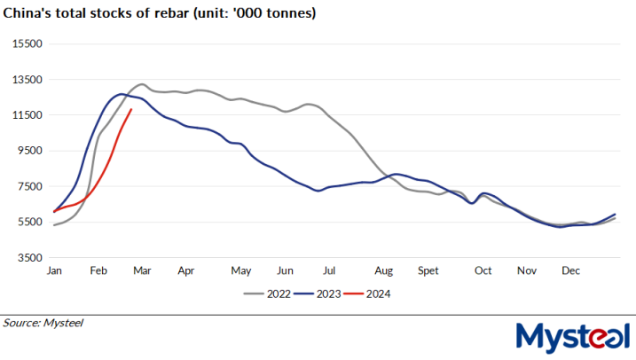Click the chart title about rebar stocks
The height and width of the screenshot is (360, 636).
tap(161, 14)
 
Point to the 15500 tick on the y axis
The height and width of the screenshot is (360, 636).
tap(30, 43)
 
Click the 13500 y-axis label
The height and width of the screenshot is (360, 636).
tap(30, 79)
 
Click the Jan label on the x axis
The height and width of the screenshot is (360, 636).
tap(54, 270)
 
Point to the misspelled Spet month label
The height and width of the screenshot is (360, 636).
tap(428, 270)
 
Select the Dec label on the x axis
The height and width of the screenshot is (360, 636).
tap(572, 270)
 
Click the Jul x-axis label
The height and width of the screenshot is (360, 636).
tap(328, 270)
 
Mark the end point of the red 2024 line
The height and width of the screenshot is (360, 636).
tap(131, 110)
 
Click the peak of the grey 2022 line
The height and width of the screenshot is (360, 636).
tap(142, 84)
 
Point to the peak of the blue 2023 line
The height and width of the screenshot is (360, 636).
tap(122, 94)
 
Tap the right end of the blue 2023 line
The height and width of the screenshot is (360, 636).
tap(615, 215)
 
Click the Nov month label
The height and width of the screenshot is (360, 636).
tap(527, 270)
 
